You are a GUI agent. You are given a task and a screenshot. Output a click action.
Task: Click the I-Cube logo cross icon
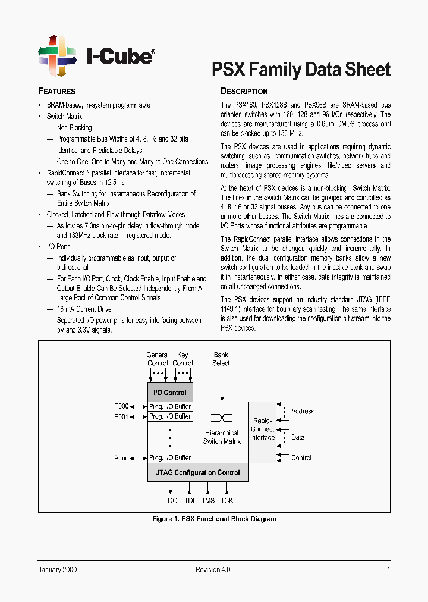click(x=58, y=55)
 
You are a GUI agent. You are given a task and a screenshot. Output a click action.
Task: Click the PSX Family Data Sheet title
click(x=301, y=70)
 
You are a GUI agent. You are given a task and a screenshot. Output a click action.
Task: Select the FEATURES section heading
click(x=56, y=92)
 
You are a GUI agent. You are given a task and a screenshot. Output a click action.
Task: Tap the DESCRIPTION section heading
click(x=244, y=92)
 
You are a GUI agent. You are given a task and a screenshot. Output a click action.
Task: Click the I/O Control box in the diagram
click(x=170, y=393)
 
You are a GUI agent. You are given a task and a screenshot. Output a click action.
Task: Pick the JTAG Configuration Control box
click(x=198, y=473)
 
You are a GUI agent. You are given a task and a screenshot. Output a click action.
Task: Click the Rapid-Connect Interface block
click(x=262, y=429)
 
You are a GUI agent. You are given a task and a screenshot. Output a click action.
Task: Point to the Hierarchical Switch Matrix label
click(x=221, y=437)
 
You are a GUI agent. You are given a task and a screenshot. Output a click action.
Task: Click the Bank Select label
click(x=221, y=359)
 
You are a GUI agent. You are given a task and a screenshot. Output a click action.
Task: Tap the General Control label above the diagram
click(x=158, y=359)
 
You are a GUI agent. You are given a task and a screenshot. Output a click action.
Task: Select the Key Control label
click(x=182, y=359)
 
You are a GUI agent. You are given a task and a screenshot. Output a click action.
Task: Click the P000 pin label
click(x=121, y=406)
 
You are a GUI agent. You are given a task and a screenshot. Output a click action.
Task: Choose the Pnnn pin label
click(x=121, y=457)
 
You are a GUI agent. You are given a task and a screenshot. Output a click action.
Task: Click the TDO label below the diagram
click(x=171, y=501)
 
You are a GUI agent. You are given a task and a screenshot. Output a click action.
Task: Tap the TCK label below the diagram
click(x=226, y=501)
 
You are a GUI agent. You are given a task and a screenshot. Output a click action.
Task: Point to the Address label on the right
click(x=303, y=411)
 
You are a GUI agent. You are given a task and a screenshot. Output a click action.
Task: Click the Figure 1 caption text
click(x=214, y=519)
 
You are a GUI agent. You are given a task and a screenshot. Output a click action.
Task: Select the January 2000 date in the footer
click(x=58, y=570)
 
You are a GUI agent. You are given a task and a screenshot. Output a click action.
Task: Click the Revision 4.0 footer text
click(x=213, y=570)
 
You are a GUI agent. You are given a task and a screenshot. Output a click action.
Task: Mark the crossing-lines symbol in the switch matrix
click(x=221, y=418)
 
